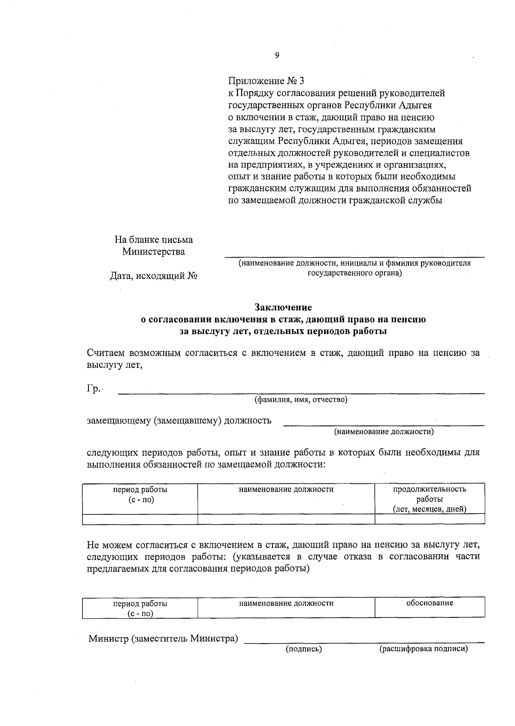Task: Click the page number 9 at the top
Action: click(277, 55)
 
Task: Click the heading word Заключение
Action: click(283, 307)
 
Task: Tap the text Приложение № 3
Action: click(266, 81)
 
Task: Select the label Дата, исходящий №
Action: click(153, 276)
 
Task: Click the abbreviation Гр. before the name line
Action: click(94, 389)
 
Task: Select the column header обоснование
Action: click(430, 603)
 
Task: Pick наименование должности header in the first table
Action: click(286, 489)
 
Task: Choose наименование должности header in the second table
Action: click(286, 603)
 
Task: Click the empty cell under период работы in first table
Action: click(140, 519)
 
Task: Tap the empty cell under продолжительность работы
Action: click(430, 519)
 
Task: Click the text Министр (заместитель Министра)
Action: click(163, 638)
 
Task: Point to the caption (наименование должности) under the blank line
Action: click(384, 432)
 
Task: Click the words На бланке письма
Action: click(153, 240)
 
